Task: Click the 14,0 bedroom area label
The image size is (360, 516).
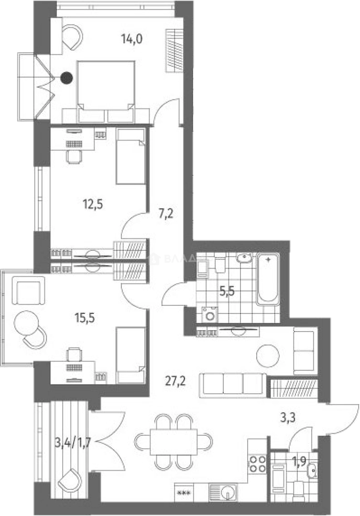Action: click(133, 40)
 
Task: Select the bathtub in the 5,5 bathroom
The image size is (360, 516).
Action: click(268, 279)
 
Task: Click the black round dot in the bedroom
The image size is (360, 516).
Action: click(67, 76)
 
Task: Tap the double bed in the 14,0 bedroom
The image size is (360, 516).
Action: click(106, 88)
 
